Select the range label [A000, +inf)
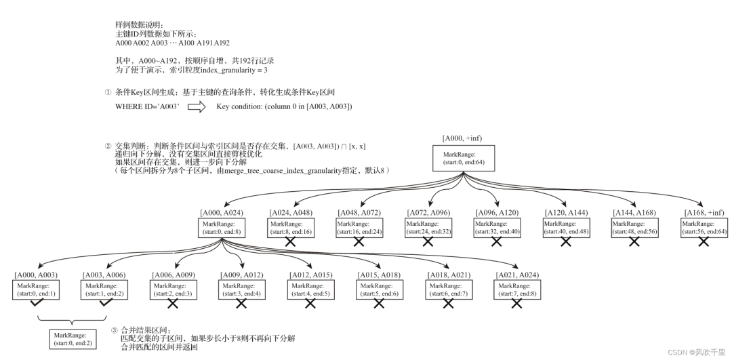click(464, 138)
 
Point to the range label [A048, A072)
click(360, 212)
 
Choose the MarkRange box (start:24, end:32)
click(428, 227)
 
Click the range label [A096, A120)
click(497, 212)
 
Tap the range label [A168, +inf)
click(703, 212)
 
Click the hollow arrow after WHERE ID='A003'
click(197, 107)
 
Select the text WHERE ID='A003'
click(147, 107)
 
